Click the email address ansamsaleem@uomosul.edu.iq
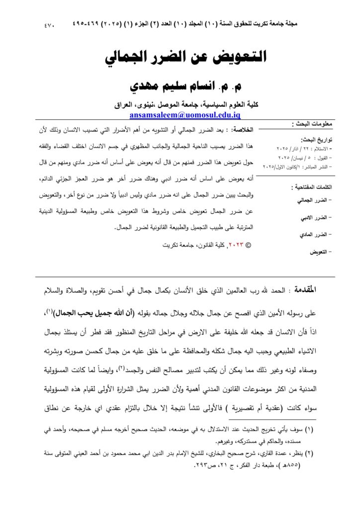[x=185, y=115]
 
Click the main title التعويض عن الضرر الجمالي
[x=185, y=57]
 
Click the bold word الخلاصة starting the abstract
[x=244, y=130]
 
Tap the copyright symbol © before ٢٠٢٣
[x=249, y=245]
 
